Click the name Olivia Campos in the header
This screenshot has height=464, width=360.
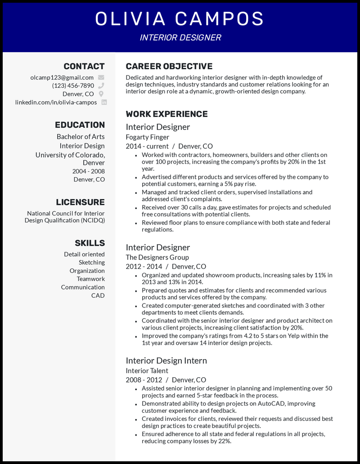pos(180,19)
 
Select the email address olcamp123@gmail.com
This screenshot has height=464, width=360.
pos(62,77)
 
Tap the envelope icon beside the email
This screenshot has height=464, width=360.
pos(101,77)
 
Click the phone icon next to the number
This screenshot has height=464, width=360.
pos(101,85)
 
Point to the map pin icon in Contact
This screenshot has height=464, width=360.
pos(101,94)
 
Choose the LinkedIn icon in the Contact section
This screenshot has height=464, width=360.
pos(104,102)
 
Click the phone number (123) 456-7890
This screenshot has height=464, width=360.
pos(73,85)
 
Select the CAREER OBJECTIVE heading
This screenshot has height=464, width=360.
pos(169,66)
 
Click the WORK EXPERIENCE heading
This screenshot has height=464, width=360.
pos(166,114)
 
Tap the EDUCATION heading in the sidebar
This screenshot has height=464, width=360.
pos(80,125)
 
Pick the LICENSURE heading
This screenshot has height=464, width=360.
pos(80,202)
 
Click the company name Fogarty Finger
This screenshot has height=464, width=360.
pos(148,137)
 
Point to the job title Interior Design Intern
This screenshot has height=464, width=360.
pos(166,361)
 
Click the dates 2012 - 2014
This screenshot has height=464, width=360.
pos(144,266)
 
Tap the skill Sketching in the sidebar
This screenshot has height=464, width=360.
pos(92,262)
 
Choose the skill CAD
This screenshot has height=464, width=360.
pos(98,295)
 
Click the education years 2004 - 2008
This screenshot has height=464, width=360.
pos(89,171)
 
